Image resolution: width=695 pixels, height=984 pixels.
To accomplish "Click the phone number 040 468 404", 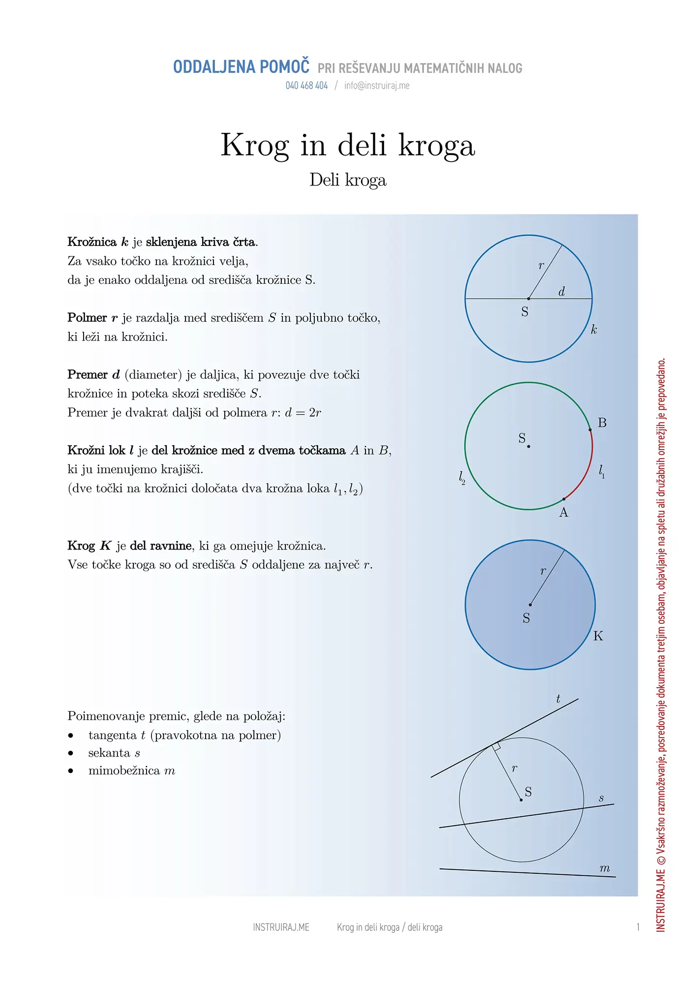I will tap(306, 86).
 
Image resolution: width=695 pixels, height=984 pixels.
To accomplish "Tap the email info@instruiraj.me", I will tap(377, 86).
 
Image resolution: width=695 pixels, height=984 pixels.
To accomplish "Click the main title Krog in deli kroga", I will tap(348, 146).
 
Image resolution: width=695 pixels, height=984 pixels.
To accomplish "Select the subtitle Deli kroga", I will tap(348, 180).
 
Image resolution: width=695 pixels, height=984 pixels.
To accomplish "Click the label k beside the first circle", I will tap(594, 330).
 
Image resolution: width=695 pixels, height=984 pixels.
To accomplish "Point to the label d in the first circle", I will tap(562, 292).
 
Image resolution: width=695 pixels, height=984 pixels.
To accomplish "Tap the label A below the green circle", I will tap(564, 513).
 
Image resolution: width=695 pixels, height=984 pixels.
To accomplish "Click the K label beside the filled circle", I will tap(598, 636).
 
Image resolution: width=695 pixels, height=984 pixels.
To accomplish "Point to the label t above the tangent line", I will tap(558, 699).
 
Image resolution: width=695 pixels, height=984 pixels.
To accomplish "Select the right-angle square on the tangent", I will tap(497, 747).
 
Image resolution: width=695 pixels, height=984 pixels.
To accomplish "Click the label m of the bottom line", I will tap(604, 869).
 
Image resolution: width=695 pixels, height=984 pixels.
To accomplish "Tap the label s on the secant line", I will tap(601, 799).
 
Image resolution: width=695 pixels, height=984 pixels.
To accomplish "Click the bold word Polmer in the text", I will tap(87, 318).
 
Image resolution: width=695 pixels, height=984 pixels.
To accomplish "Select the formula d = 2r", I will tap(303, 413).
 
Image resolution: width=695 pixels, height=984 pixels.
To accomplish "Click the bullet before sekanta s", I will tap(71, 753).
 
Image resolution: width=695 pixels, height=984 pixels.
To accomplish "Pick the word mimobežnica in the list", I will tap(124, 770).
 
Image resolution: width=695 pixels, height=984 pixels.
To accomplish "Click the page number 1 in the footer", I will tap(638, 927).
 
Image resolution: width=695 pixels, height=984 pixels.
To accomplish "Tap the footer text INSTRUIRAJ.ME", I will tap(281, 927).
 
